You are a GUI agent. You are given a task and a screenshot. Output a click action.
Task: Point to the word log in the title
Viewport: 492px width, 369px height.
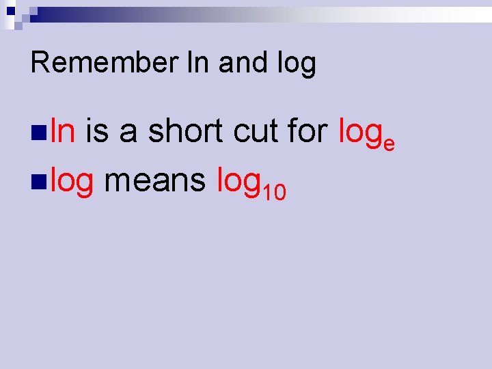point(297,64)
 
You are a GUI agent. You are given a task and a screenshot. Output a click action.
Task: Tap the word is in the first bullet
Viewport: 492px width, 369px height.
point(98,130)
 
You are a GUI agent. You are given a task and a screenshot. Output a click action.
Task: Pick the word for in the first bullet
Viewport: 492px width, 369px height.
point(308,130)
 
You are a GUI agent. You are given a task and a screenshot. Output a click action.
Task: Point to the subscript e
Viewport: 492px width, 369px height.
point(388,142)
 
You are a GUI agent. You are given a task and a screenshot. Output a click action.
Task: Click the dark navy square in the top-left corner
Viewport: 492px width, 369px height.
point(10,10)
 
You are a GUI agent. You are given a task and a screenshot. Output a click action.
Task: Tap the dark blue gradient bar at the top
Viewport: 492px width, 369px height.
point(137,14)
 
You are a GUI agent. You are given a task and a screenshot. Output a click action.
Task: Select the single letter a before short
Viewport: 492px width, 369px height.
point(128,131)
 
